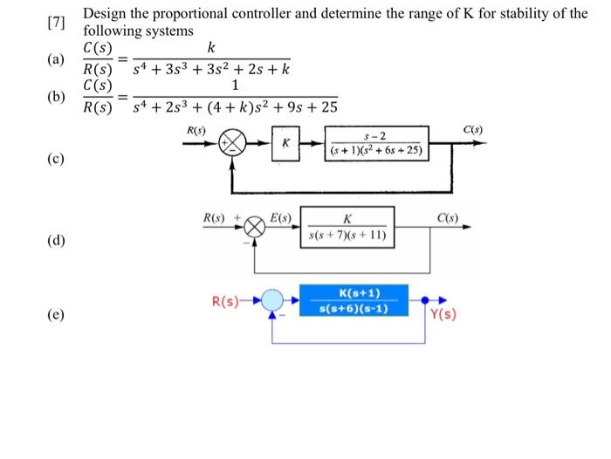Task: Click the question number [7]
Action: tap(57, 23)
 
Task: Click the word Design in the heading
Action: tap(105, 14)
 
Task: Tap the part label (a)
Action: tap(56, 59)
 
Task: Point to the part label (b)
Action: tap(56, 97)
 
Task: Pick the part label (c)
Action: tap(56, 159)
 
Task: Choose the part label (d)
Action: tap(56, 240)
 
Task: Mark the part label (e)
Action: tap(56, 314)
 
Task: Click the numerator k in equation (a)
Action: tap(211, 47)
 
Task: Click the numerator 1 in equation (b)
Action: tap(235, 85)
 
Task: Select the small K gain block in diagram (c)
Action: tap(285, 143)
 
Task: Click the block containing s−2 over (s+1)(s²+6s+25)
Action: tap(377, 143)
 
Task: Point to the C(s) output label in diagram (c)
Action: tap(473, 130)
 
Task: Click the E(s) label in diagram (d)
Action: tap(280, 218)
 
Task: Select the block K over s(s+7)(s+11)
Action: tap(347, 227)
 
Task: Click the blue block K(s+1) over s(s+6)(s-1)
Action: tap(354, 300)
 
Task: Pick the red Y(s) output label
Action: tap(443, 314)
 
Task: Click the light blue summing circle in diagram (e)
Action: tap(272, 300)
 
